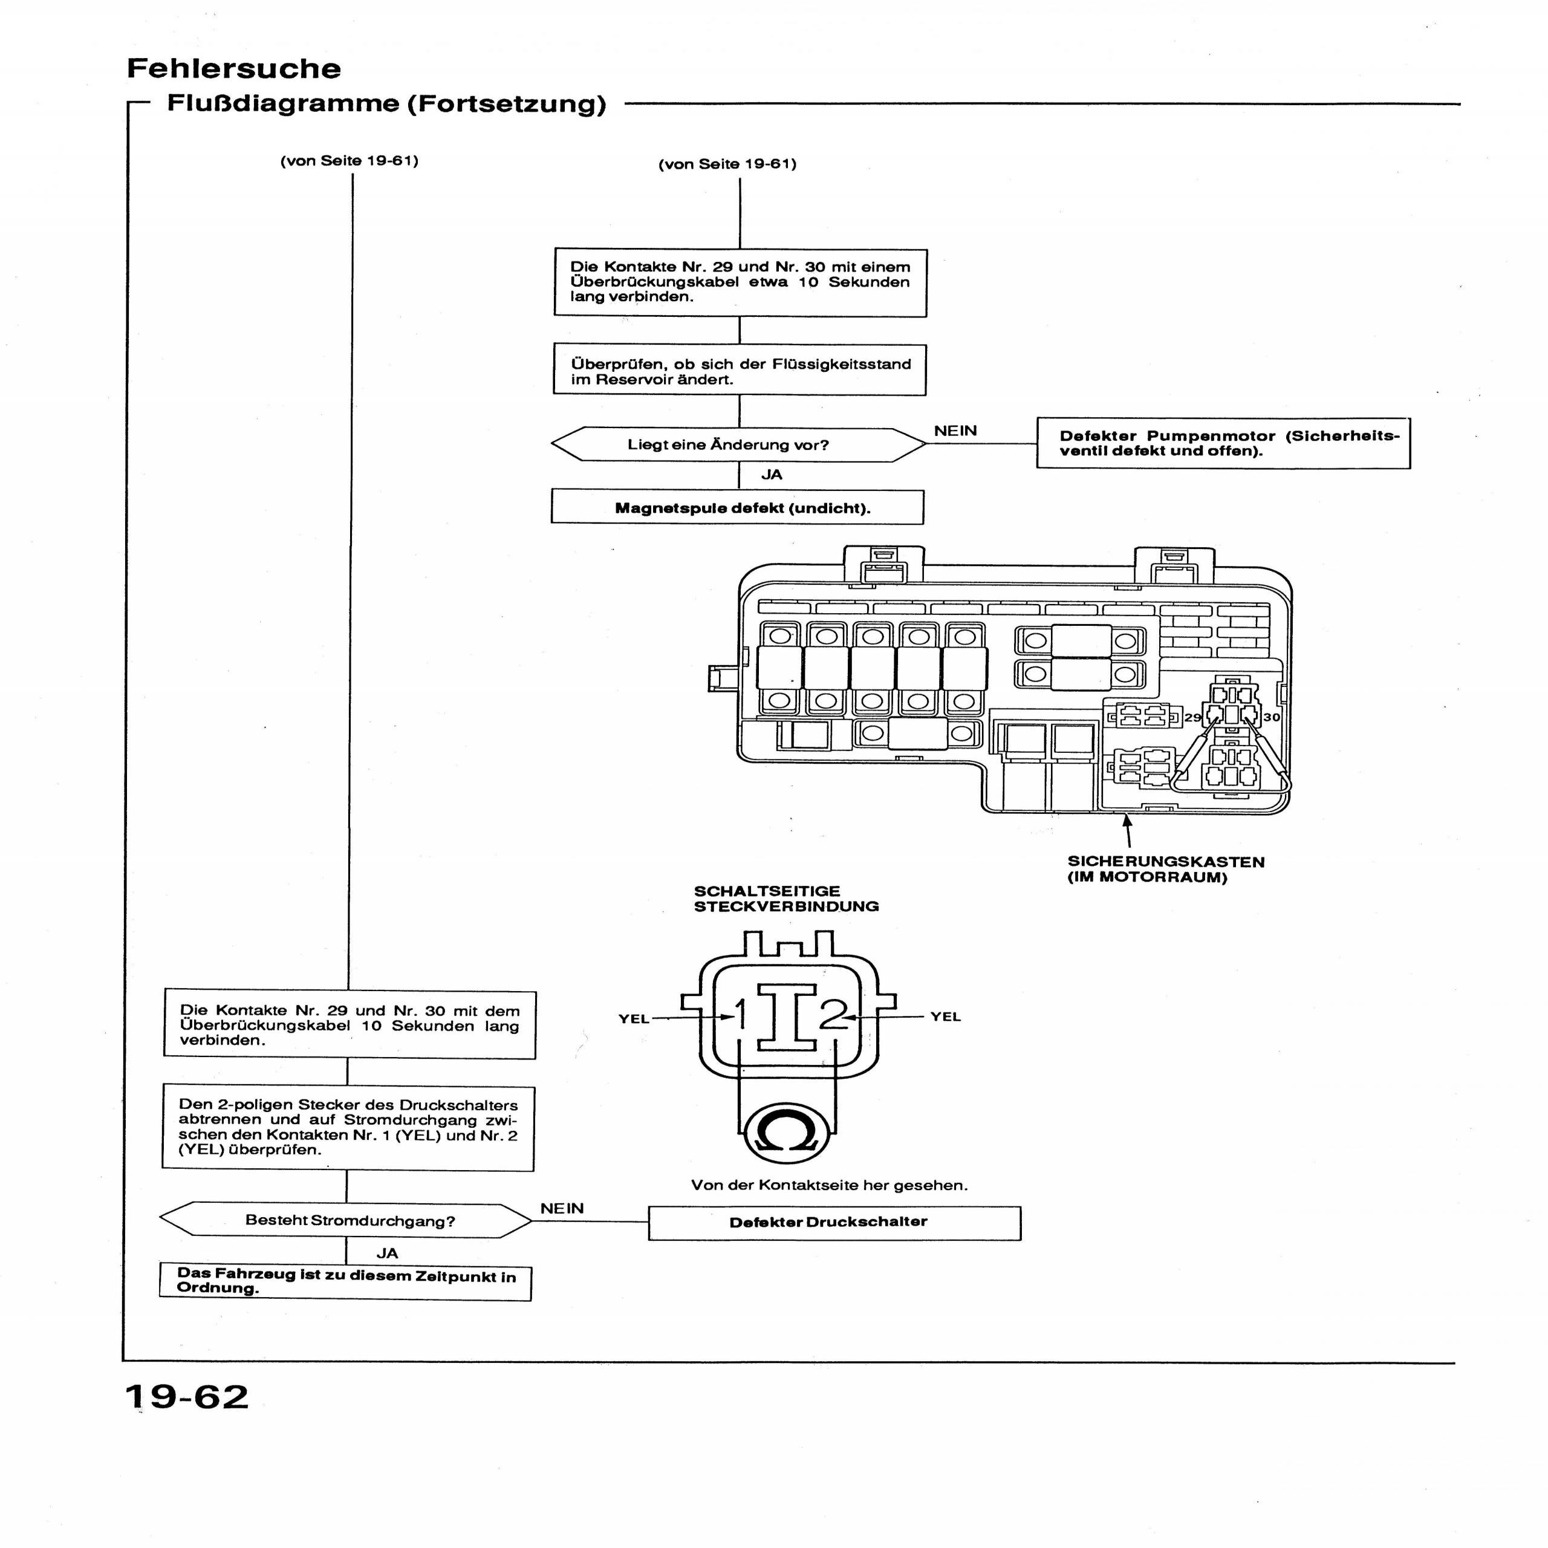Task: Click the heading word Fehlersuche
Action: pyautogui.click(x=233, y=69)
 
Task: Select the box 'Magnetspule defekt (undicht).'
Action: pyautogui.click(x=737, y=508)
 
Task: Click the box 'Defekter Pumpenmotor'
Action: pyautogui.click(x=1223, y=443)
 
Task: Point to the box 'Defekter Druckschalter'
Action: pyautogui.click(x=834, y=1222)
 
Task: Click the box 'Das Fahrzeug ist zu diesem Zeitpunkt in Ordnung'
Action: pyautogui.click(x=345, y=1282)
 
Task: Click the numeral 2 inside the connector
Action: pyautogui.click(x=833, y=1015)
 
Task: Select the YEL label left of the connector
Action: pyautogui.click(x=633, y=1019)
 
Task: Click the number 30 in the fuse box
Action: pyautogui.click(x=1272, y=717)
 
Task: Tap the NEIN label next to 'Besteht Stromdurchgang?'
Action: pyautogui.click(x=562, y=1208)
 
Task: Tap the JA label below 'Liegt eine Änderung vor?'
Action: pyautogui.click(x=772, y=474)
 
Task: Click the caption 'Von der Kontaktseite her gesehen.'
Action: pyautogui.click(x=829, y=1185)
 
